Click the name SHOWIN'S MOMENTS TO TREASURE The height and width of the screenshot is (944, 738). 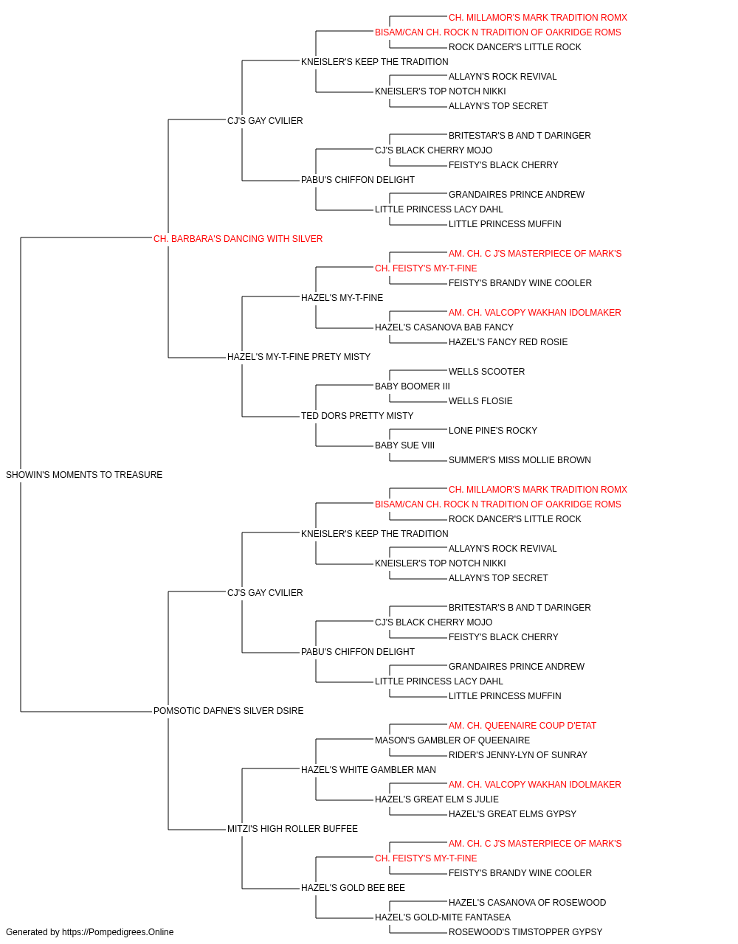tap(84, 475)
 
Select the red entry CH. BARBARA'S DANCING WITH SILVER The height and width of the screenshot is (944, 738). tap(238, 239)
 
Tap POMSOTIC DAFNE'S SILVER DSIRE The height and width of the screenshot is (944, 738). tap(228, 711)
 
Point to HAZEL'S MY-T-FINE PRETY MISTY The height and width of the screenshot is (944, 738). tap(299, 357)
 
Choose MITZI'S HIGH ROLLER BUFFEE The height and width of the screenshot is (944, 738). tap(292, 829)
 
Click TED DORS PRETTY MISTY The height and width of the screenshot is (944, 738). tap(357, 416)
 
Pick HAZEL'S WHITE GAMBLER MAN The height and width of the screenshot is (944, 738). tap(368, 770)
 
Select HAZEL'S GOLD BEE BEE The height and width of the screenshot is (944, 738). tap(353, 888)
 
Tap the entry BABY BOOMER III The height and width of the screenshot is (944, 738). tap(412, 386)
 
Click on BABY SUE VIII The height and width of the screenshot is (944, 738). tap(404, 445)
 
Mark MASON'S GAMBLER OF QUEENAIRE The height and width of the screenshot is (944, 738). tap(452, 740)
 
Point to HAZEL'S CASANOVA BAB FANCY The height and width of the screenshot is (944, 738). tap(444, 327)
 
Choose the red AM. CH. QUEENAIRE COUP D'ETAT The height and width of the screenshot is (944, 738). tap(522, 726)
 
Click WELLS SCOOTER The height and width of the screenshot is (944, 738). tap(486, 372)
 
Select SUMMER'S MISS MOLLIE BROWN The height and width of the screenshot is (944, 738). tap(520, 460)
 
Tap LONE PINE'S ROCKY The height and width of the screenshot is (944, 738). tap(492, 431)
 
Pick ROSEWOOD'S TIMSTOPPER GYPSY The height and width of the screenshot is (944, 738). tap(525, 932)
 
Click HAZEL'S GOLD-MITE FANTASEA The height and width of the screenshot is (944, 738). tap(443, 917)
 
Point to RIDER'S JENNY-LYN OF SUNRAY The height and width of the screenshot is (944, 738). tap(517, 755)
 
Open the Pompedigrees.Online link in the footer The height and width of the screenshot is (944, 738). tap(117, 932)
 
